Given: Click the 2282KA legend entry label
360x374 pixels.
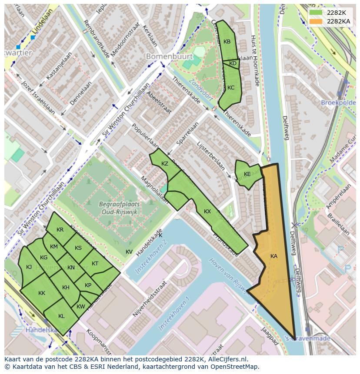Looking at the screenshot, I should (x=339, y=21).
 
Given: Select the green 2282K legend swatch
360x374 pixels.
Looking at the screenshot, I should (x=316, y=13).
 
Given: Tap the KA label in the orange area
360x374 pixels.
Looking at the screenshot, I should (x=273, y=256).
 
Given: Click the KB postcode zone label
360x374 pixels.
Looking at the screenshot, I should (x=227, y=42).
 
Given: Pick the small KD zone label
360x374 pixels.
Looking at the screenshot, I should (x=233, y=63).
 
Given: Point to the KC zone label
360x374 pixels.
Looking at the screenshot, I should (x=231, y=88).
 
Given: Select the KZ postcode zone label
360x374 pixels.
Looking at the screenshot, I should (x=164, y=164).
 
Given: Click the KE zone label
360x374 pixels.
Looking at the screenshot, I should (x=247, y=174).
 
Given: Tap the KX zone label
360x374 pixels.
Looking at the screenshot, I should (x=207, y=212).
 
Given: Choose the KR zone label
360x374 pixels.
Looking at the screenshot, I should (x=60, y=230).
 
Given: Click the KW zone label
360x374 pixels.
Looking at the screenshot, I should (x=81, y=307).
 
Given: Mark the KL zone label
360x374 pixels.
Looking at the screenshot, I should (x=61, y=316).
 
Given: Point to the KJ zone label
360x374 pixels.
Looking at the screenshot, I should (x=29, y=267).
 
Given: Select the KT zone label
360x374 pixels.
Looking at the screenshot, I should (x=95, y=264).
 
